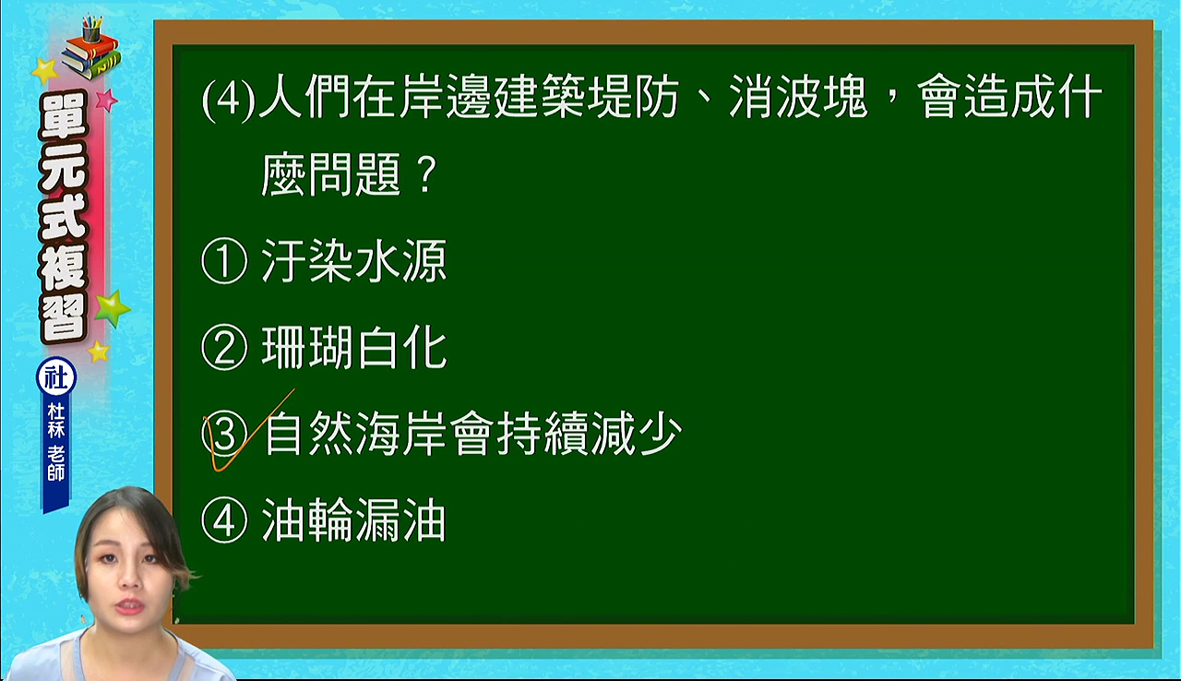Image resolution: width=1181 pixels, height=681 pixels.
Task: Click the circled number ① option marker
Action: [x=224, y=261]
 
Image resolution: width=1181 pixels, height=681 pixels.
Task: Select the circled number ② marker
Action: [x=224, y=347]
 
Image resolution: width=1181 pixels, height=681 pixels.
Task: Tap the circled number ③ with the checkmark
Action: [x=225, y=434]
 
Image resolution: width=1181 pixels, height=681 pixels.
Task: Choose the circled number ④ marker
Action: [x=224, y=520]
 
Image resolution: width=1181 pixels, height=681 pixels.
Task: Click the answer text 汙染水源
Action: [x=353, y=260]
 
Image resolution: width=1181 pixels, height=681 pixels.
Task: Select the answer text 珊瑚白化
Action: [x=353, y=347]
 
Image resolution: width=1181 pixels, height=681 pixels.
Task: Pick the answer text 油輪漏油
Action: [x=353, y=520]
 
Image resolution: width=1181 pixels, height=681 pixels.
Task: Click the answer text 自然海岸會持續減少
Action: [x=473, y=434]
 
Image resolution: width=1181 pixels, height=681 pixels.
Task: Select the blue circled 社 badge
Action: [x=56, y=378]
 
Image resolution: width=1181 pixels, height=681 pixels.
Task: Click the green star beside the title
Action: [x=112, y=309]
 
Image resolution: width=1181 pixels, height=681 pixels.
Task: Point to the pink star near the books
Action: [x=107, y=100]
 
